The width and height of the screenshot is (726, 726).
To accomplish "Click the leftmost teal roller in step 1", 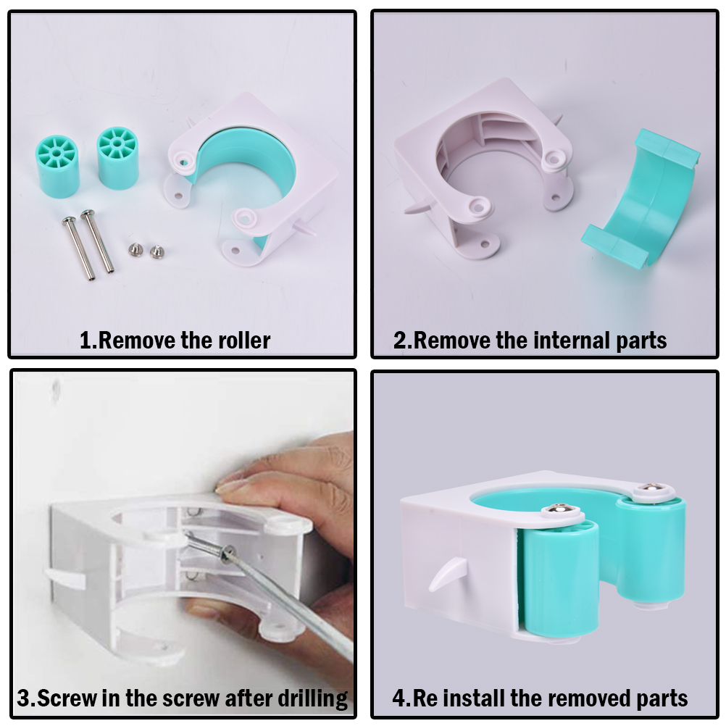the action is point(57,166).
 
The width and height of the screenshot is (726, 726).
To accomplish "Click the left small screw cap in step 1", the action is point(135,249).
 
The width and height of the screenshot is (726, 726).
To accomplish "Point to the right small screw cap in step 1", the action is point(157,251).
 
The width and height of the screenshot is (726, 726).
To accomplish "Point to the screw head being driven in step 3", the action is point(227,553).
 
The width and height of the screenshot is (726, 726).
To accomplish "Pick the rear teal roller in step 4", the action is point(651,551).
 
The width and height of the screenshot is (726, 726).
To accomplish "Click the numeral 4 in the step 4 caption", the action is point(399,698).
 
